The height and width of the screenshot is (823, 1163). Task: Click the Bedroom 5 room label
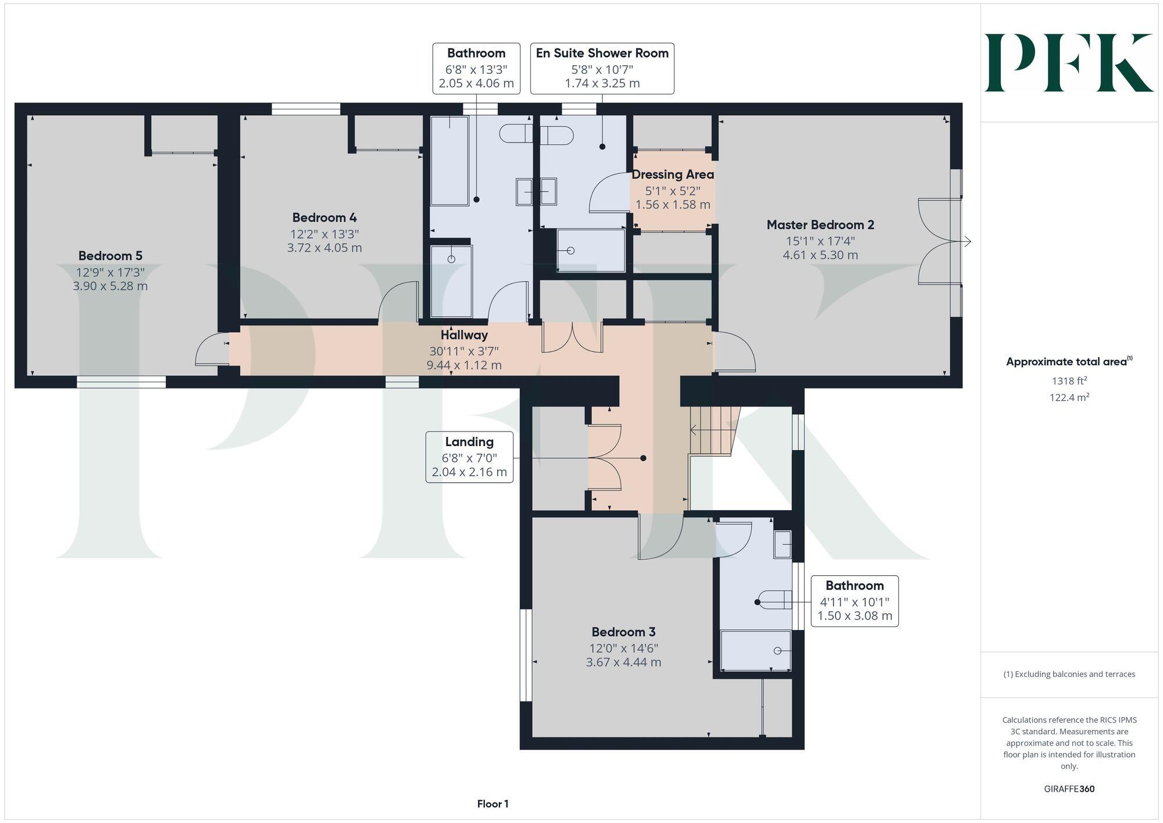tap(110, 256)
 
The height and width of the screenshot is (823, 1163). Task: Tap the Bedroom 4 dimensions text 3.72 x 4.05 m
tap(324, 248)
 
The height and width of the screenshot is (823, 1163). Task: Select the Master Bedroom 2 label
tap(820, 225)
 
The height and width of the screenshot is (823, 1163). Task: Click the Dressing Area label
tap(673, 174)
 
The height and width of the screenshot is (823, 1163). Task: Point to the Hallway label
tap(463, 335)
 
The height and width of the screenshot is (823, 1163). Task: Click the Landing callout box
tap(469, 457)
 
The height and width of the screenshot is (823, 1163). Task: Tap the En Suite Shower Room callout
tap(602, 68)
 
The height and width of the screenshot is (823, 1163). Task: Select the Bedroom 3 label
tap(623, 632)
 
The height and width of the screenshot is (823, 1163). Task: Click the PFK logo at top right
tap(1069, 63)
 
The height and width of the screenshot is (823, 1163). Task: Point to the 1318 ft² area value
tap(1069, 382)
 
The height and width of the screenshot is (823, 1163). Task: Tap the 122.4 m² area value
tap(1069, 398)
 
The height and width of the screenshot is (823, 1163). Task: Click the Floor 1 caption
tap(493, 804)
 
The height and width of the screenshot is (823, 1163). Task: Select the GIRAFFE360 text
tap(1069, 789)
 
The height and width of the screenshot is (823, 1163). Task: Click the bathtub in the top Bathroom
tap(449, 161)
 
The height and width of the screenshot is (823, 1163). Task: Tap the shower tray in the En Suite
tap(591, 251)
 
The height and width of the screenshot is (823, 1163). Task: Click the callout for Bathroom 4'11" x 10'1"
tap(854, 601)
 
